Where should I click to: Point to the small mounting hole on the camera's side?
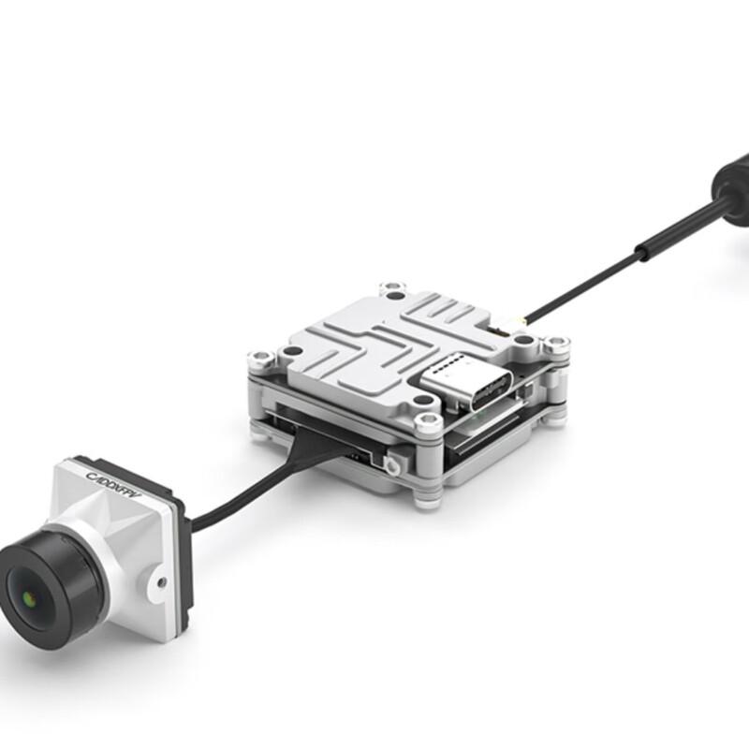(161, 582)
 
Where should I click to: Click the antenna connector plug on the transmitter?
(508, 327)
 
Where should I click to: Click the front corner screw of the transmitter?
(428, 420)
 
